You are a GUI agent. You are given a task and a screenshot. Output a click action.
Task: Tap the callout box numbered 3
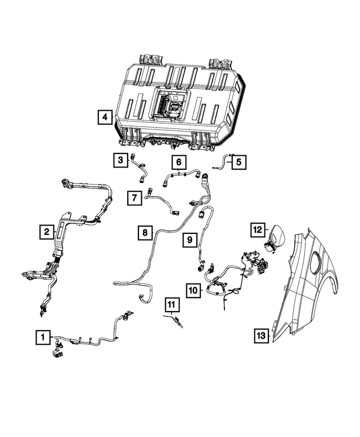[120, 161]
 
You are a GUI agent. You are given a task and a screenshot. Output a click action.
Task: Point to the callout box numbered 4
[104, 117]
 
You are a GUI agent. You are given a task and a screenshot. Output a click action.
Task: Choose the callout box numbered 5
[238, 162]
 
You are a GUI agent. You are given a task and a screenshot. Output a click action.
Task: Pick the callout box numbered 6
[178, 163]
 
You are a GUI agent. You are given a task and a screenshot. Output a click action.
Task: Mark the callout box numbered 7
[134, 197]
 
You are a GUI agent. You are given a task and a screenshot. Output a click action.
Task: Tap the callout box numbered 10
[193, 290]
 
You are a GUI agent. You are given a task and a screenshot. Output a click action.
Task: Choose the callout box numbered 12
[257, 229]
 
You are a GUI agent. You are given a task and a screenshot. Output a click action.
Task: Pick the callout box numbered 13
[260, 335]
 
